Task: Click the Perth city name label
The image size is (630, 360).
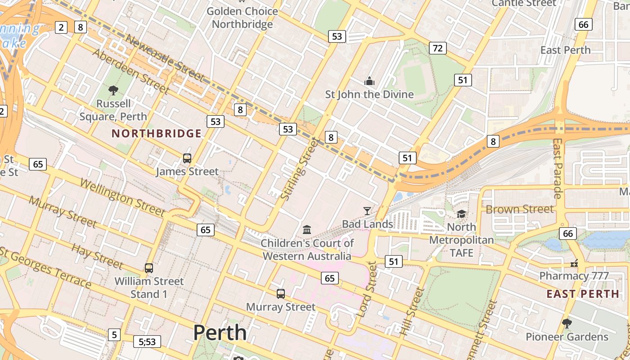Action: tap(220, 333)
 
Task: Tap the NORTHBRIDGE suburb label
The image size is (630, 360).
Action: tap(157, 134)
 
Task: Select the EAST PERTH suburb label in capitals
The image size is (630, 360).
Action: tap(583, 294)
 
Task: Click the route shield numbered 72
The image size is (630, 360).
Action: tap(438, 48)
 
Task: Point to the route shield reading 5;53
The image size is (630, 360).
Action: tap(147, 342)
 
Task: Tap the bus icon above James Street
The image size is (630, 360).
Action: tap(187, 158)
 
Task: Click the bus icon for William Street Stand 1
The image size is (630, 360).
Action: tap(149, 268)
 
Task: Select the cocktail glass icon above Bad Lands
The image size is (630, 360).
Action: tap(368, 211)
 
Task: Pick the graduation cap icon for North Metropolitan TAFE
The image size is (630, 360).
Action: tap(461, 214)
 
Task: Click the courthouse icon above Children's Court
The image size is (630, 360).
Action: tap(307, 230)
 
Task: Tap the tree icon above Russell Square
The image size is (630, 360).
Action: tap(113, 90)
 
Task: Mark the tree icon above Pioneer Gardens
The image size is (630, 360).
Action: tap(567, 323)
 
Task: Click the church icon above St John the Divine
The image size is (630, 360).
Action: tap(369, 81)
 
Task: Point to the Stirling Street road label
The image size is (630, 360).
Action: tap(299, 170)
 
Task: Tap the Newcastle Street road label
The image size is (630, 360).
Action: tap(164, 59)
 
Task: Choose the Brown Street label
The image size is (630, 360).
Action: tap(520, 209)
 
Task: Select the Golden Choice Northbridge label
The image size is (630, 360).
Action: tap(243, 18)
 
